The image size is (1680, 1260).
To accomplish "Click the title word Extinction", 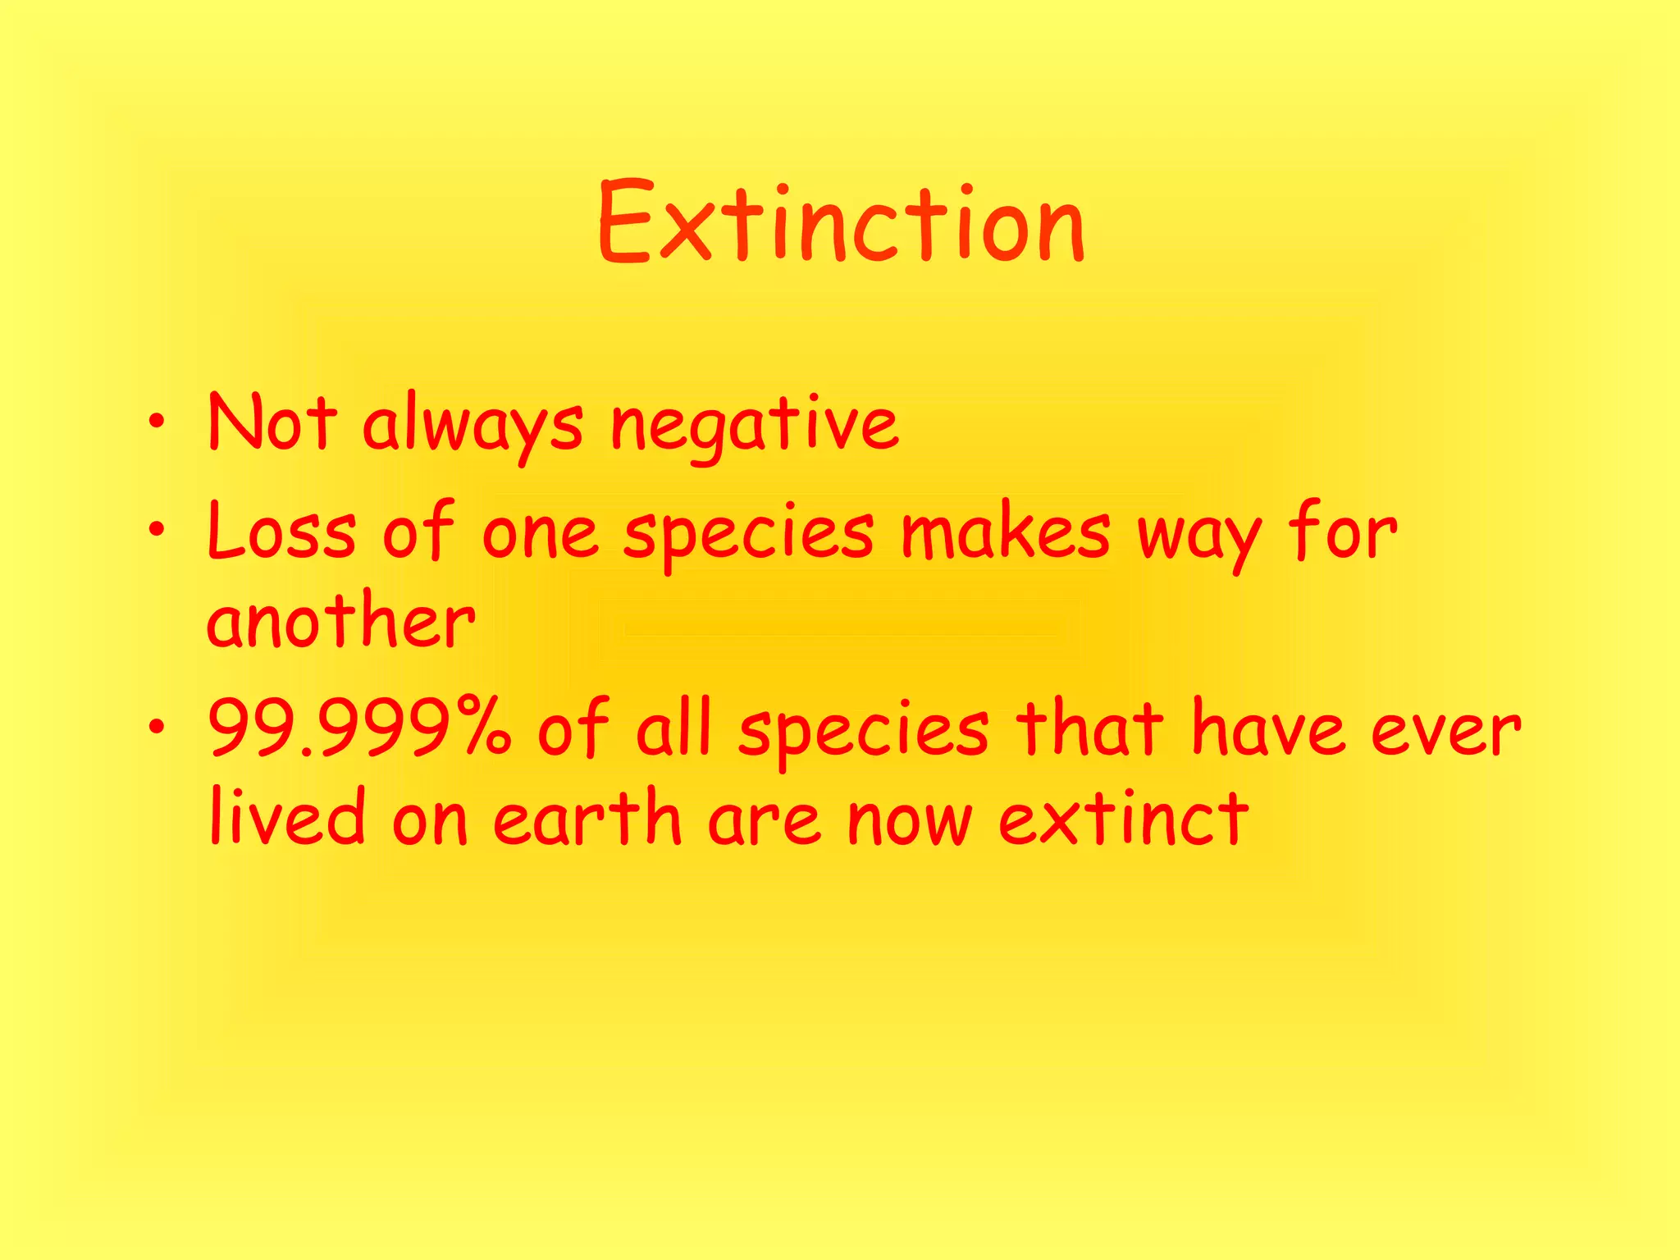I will pyautogui.click(x=842, y=223).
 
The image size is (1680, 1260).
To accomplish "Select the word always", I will pyautogui.click(x=472, y=427).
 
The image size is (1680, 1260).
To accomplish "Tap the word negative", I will pyautogui.click(x=755, y=427).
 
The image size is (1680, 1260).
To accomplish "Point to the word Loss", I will pyautogui.click(x=281, y=531).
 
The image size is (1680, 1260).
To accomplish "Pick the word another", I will pyautogui.click(x=340, y=620).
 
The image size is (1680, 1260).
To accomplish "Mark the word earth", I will pyautogui.click(x=587, y=818).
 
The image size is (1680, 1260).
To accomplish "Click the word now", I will pyautogui.click(x=910, y=820).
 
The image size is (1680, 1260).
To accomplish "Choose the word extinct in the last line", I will pyautogui.click(x=1124, y=818).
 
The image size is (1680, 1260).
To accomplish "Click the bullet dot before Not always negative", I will pyautogui.click(x=157, y=423).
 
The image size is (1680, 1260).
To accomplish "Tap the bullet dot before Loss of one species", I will pyautogui.click(x=157, y=531).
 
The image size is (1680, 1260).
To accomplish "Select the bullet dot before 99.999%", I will pyautogui.click(x=157, y=727).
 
